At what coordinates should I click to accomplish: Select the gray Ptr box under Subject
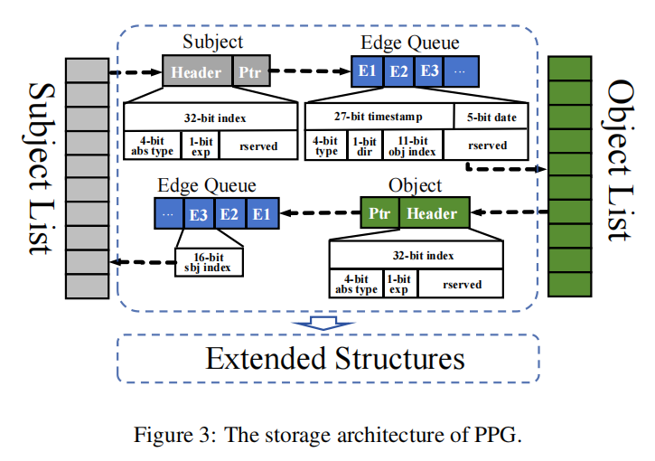click(x=248, y=71)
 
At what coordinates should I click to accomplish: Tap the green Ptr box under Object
click(x=379, y=213)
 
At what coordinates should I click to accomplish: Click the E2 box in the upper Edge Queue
click(x=398, y=71)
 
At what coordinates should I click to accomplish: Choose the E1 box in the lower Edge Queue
click(x=262, y=214)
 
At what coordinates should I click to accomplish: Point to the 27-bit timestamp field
click(x=379, y=116)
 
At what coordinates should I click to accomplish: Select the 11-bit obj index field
click(x=411, y=145)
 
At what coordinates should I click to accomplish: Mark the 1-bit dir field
click(x=364, y=145)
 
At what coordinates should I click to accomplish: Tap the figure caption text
click(x=327, y=434)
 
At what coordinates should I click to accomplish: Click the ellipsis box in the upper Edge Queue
click(x=462, y=71)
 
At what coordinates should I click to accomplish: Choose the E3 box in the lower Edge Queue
click(x=198, y=214)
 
